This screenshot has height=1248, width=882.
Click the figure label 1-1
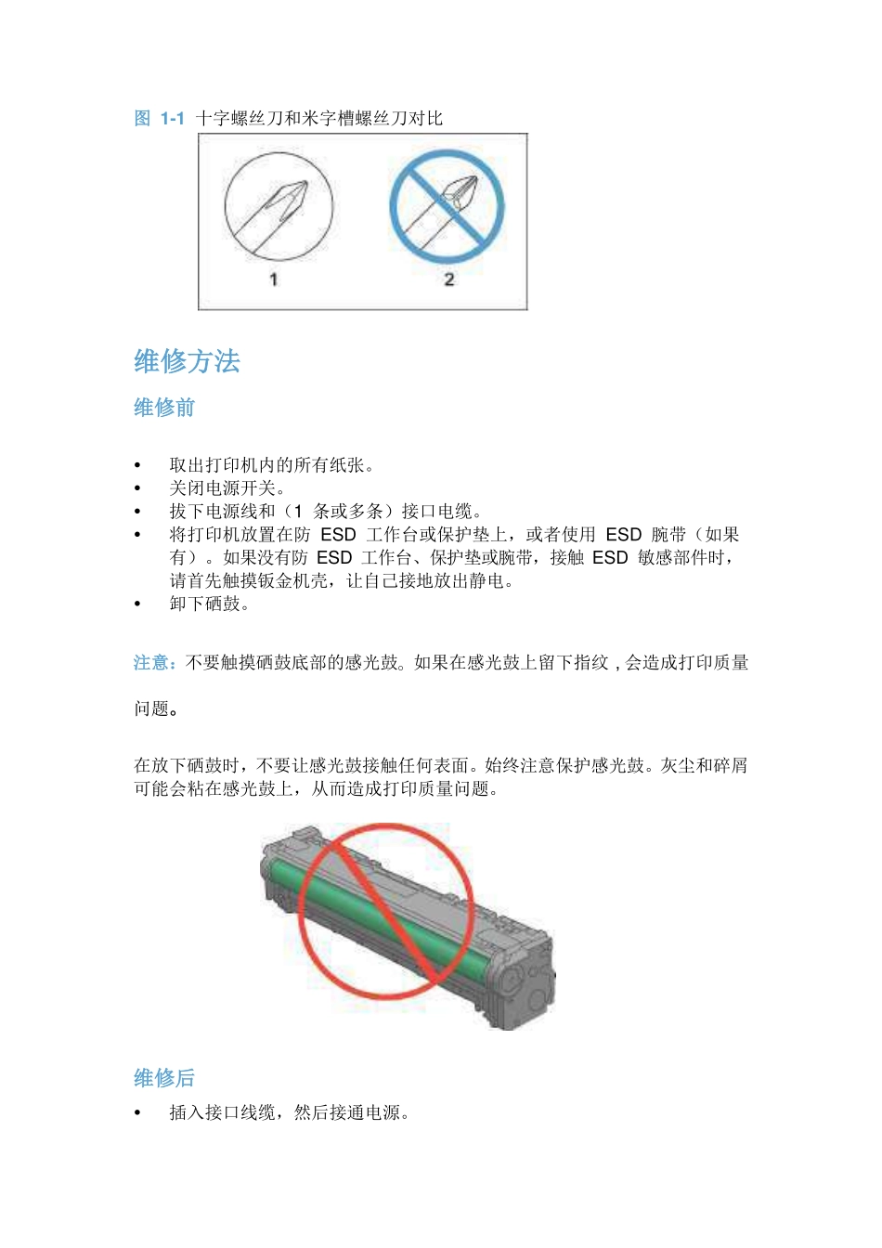172,119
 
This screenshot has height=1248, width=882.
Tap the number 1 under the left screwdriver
273,279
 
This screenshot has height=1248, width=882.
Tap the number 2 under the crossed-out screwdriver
449,279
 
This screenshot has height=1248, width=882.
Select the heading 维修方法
187,361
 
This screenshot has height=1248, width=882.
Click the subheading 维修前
164,408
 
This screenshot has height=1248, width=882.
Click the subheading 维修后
164,1078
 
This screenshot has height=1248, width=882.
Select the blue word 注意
151,663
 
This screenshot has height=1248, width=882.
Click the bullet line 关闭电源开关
227,488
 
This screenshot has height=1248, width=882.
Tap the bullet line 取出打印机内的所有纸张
271,465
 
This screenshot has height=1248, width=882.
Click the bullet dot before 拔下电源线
138,512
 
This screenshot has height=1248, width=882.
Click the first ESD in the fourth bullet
338,535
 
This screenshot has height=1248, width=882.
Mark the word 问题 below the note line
152,709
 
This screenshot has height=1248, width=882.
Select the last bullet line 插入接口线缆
288,1112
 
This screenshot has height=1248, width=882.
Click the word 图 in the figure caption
142,119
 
